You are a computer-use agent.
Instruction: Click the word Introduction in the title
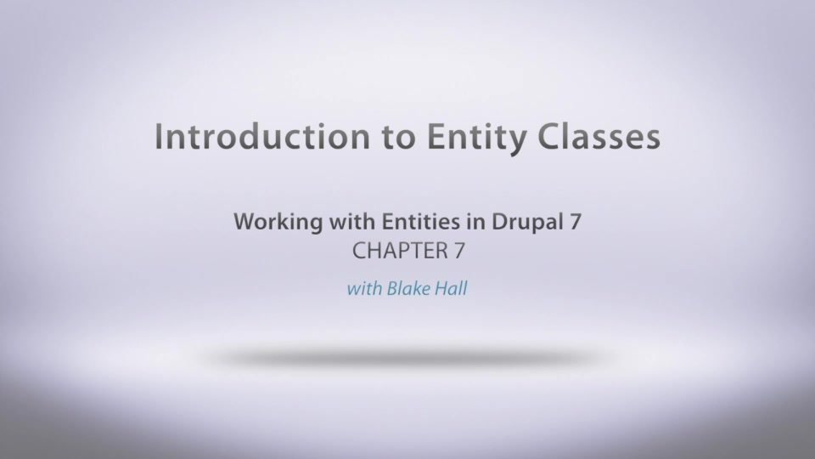[262, 136]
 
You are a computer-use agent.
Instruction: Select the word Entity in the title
[476, 139]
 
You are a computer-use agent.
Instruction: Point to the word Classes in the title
[599, 136]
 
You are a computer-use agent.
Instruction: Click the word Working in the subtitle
[278, 223]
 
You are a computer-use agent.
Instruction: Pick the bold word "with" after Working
[352, 221]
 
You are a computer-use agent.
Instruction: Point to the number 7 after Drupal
[576, 222]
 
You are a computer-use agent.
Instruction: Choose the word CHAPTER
[400, 251]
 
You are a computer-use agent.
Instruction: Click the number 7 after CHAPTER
[459, 251]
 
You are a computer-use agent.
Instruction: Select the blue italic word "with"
[364, 288]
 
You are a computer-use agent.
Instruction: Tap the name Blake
[408, 288]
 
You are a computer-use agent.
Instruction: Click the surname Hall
[451, 288]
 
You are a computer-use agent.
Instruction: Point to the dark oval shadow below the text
[407, 358]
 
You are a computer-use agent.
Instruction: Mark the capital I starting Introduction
[158, 136]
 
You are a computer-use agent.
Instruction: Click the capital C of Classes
[548, 136]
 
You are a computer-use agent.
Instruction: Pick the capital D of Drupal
[499, 222]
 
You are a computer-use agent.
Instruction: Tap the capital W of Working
[246, 222]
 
